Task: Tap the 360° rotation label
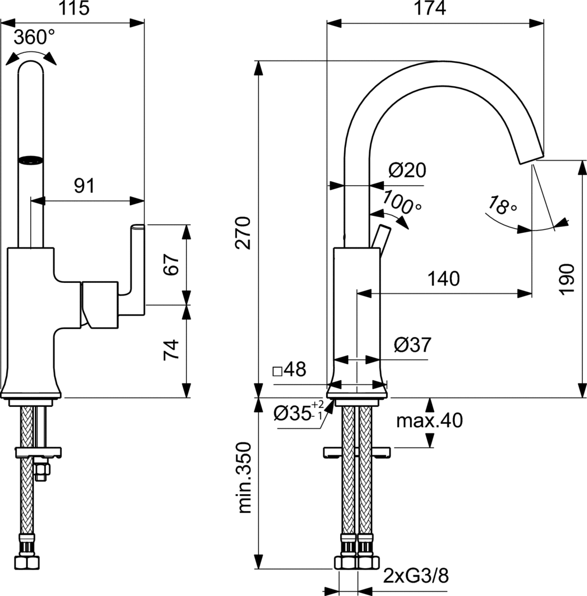coord(34,38)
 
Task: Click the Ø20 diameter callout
coord(407,171)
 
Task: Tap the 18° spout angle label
coord(502,205)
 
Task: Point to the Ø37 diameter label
coord(412,345)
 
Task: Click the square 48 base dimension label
coord(290,370)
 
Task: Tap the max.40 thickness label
coord(430,420)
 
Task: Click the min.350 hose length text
coord(245,477)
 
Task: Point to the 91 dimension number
coord(84,186)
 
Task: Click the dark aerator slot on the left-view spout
coord(31,159)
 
